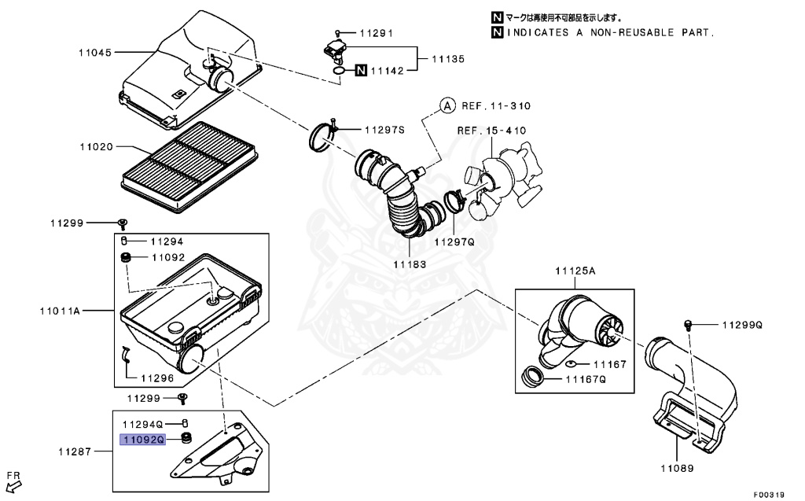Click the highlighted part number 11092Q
coord(142,440)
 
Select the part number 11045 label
coord(95,53)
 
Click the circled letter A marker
coord(447,105)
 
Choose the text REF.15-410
coord(492,131)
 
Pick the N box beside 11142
coord(361,71)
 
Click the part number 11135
coord(447,59)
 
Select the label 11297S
coord(384,129)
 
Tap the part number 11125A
coord(575,271)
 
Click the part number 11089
coord(676,467)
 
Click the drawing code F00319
coord(769,495)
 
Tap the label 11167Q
coord(586,378)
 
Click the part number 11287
coord(75,452)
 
